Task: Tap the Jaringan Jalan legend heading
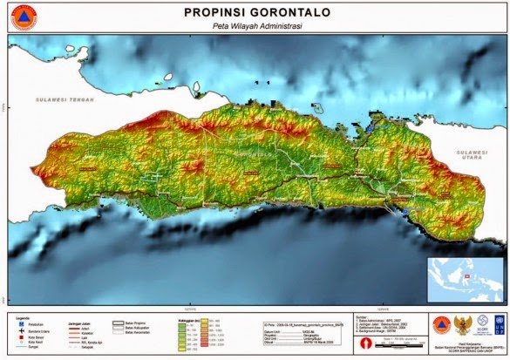pos(81,320)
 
